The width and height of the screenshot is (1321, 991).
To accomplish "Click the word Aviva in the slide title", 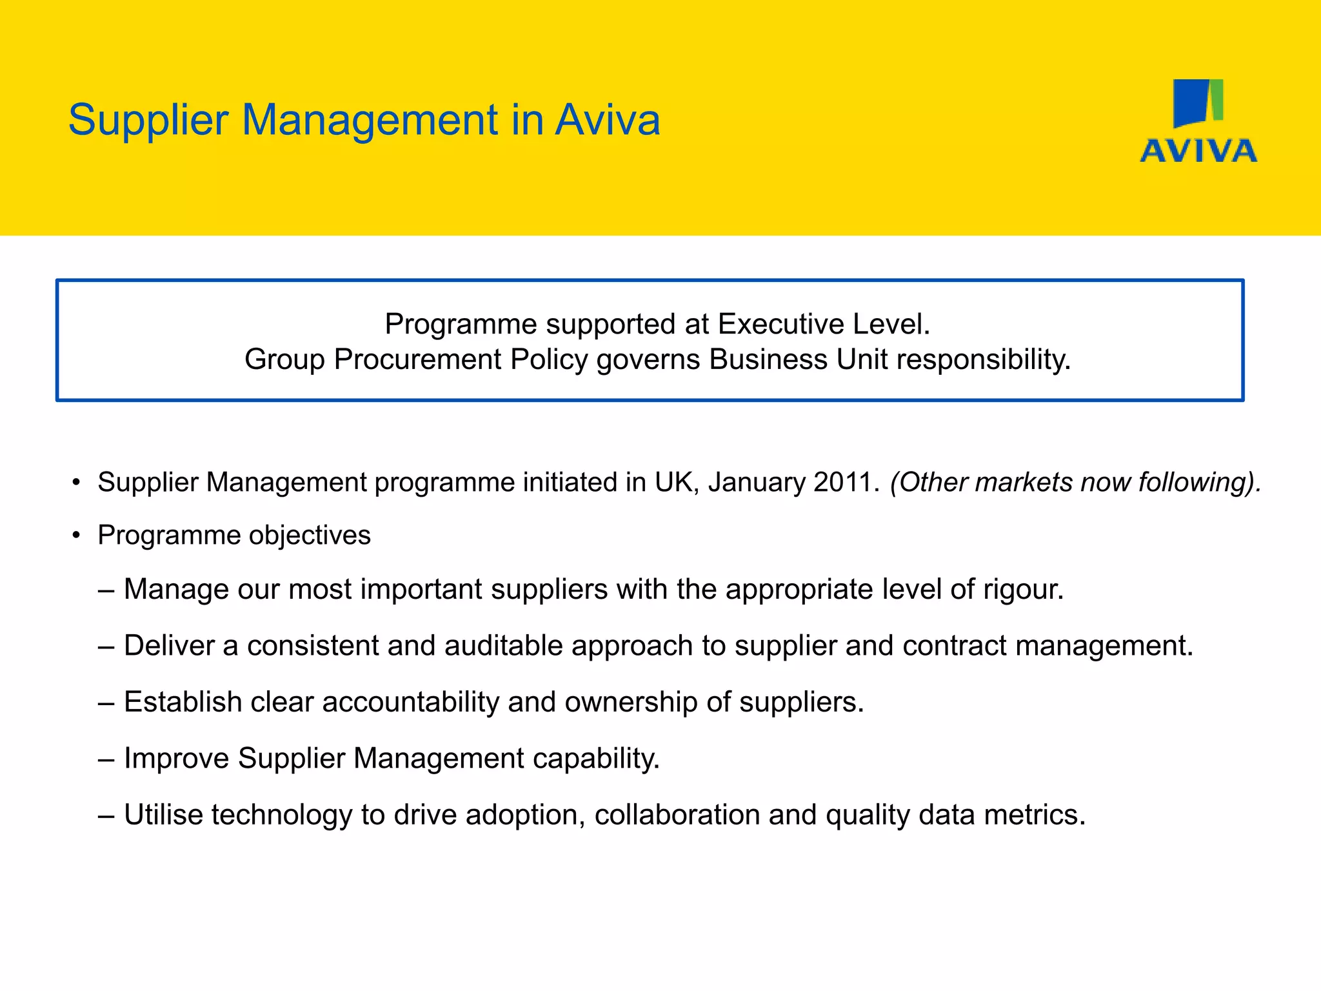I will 608,120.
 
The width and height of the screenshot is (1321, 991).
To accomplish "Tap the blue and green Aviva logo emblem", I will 1198,103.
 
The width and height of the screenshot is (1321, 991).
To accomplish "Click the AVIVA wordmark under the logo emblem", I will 1198,151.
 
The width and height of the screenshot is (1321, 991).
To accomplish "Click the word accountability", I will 410,702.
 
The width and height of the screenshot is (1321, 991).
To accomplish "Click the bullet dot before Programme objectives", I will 76,536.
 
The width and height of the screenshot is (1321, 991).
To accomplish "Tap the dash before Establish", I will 106,703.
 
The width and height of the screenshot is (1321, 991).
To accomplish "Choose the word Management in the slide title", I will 369,121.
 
